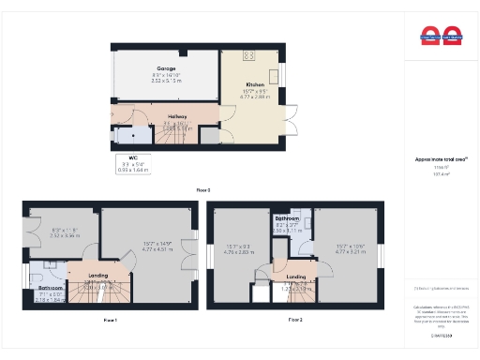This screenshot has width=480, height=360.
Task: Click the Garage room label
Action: tap(165, 68)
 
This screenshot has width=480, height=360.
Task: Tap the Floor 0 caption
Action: tap(202, 189)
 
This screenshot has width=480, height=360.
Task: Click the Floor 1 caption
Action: tap(110, 320)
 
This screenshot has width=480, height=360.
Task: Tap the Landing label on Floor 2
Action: tap(296, 277)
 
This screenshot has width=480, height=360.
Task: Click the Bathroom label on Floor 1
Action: tap(50, 288)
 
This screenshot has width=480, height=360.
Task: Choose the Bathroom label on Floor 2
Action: tap(285, 218)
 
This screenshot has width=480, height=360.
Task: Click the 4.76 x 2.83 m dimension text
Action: tap(239, 252)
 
